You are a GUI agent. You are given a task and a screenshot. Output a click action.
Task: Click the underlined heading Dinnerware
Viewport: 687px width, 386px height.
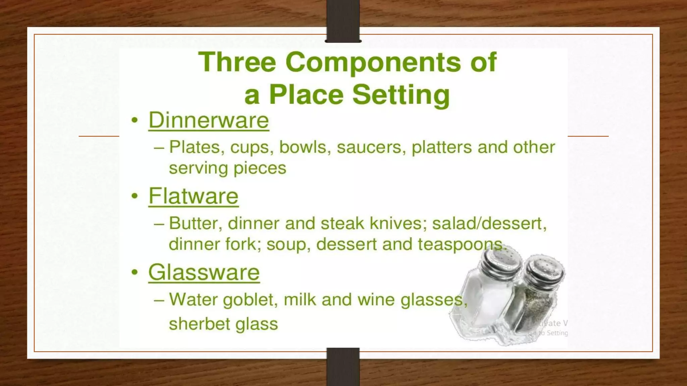(x=209, y=120)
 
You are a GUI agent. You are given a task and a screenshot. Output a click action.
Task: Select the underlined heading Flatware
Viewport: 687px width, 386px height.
(x=193, y=196)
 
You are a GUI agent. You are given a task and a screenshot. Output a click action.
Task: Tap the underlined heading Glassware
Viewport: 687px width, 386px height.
(x=204, y=272)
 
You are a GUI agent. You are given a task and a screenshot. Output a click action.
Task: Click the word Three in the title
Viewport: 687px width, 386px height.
(x=237, y=62)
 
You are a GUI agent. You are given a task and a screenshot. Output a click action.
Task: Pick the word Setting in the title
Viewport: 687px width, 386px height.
(x=401, y=95)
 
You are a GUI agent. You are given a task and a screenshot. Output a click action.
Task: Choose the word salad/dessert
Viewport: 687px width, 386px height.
(x=489, y=223)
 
